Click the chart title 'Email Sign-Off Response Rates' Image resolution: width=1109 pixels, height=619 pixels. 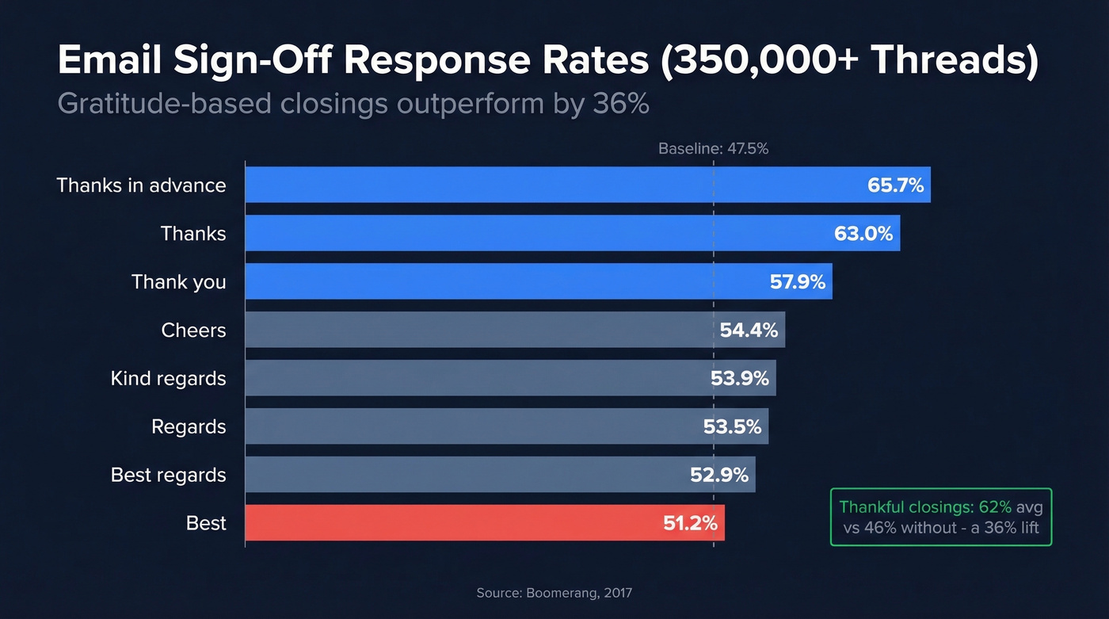tap(349, 62)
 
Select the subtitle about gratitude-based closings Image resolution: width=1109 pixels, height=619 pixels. tap(353, 104)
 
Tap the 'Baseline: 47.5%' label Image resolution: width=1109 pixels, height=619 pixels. tap(713, 148)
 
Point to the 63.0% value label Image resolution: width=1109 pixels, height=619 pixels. tap(863, 234)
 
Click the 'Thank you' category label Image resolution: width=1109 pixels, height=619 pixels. tap(178, 282)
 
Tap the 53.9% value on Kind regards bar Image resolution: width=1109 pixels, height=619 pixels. tap(739, 379)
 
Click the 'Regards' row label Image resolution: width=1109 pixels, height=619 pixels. tap(189, 427)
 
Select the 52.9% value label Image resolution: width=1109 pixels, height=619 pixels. tap(719, 476)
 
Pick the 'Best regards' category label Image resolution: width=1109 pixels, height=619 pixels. tap(168, 476)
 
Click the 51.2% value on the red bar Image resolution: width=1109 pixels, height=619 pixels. tap(689, 524)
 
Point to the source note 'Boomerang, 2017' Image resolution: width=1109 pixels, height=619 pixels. tap(554, 593)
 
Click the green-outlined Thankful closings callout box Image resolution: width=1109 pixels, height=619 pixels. tap(940, 517)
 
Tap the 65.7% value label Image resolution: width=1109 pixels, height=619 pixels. tap(895, 185)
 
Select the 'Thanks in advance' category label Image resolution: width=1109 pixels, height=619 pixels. tap(141, 185)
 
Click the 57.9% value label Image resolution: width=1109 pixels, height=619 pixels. tap(797, 282)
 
